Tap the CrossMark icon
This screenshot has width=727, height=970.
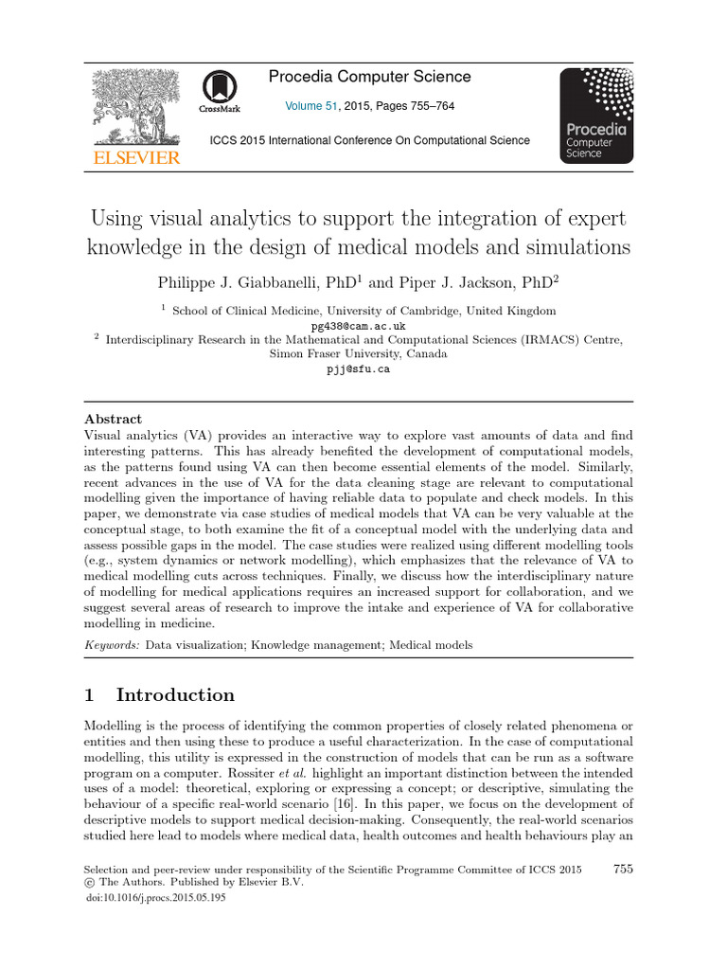[219, 93]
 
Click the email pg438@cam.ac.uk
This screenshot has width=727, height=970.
[358, 323]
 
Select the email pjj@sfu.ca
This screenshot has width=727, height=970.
[358, 369]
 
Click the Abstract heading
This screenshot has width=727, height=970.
[114, 419]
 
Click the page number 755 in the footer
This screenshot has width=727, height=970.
[623, 869]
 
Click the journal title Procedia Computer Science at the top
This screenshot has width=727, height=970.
[369, 77]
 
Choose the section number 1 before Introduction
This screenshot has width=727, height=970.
[89, 694]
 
